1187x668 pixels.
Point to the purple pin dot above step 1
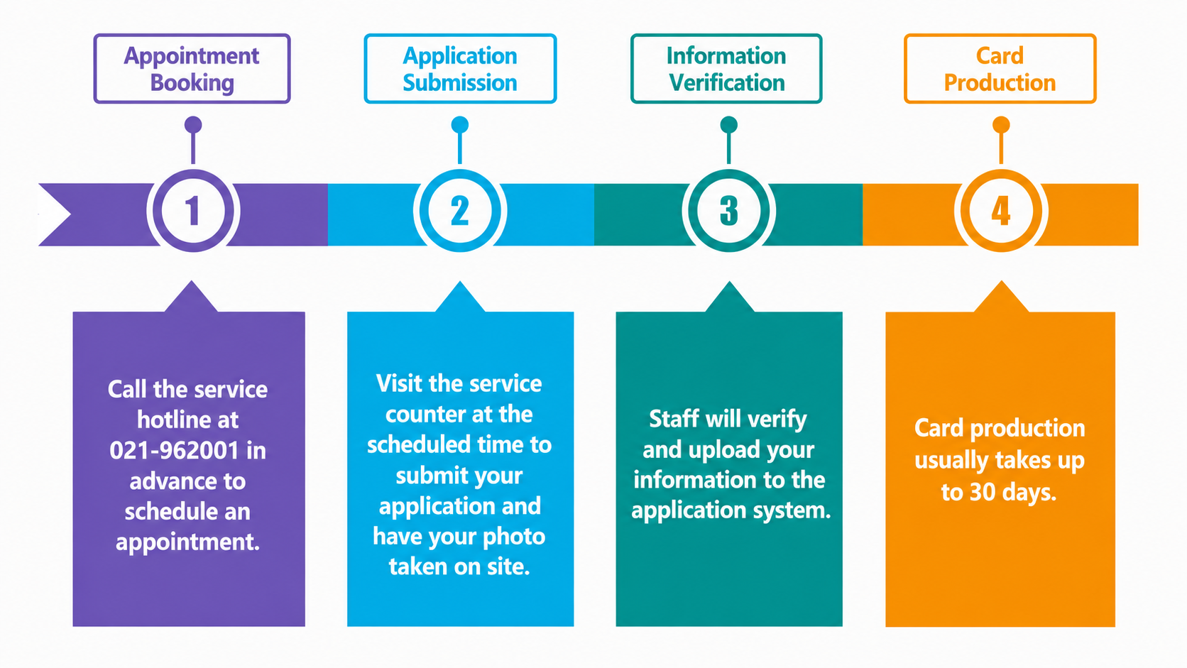click(193, 125)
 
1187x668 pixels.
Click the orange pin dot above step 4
click(1001, 125)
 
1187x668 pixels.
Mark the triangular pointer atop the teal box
click(729, 297)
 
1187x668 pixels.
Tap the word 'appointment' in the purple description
click(187, 542)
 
